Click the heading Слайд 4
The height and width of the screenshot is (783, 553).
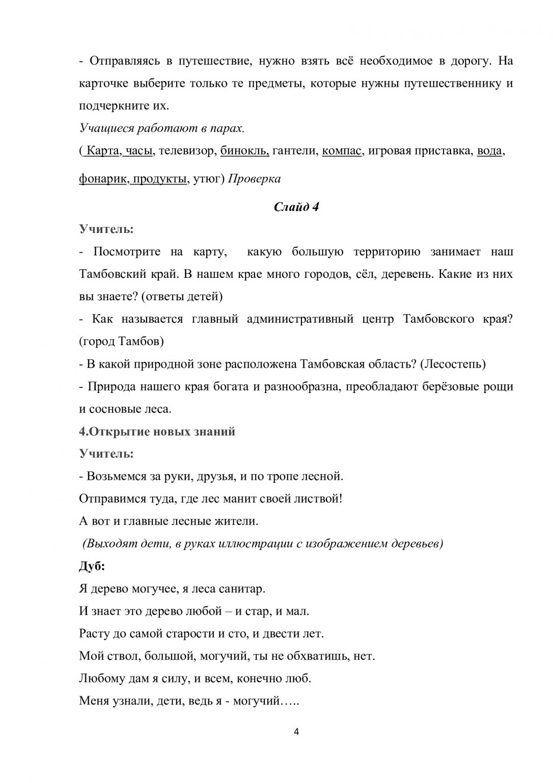tap(296, 207)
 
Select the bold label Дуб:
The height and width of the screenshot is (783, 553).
tap(92, 566)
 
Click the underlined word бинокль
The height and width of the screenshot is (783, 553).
tap(244, 151)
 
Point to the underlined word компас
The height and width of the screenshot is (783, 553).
tap(342, 151)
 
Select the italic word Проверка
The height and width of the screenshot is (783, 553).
tap(254, 179)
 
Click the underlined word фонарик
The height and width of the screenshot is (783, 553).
tap(102, 179)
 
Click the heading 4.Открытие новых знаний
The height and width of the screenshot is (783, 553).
tap(157, 431)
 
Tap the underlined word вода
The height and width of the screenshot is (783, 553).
tap(489, 151)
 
